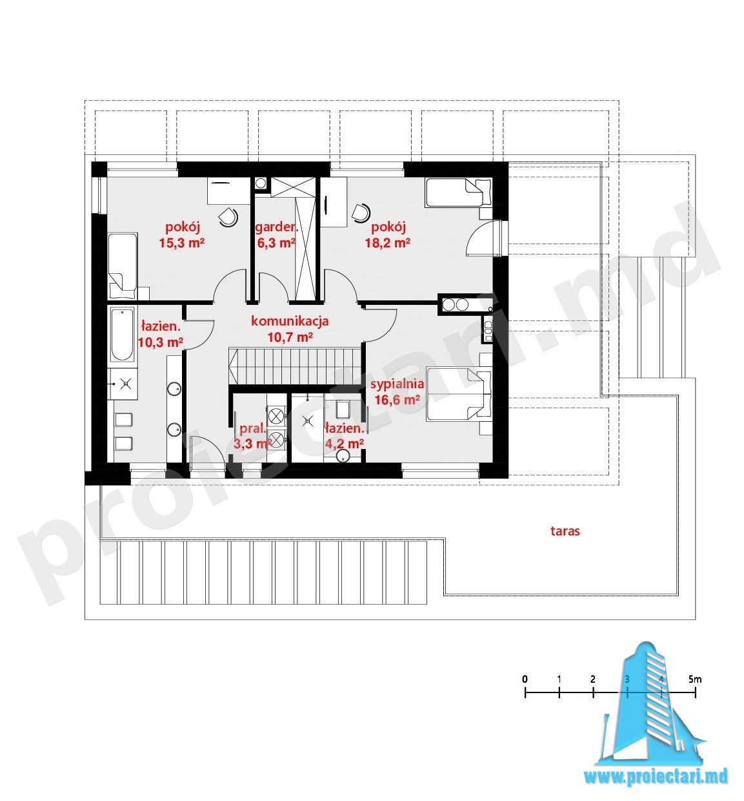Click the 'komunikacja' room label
290,322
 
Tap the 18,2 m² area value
387,243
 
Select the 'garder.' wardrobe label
276,227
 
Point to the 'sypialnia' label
397,384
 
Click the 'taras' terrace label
565,531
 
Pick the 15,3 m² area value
182,243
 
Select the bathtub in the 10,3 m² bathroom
122,335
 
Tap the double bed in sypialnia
459,393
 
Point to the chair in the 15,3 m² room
228,216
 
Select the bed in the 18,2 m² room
458,192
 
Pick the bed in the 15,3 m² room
123,265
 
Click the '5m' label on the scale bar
695,680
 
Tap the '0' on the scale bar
525,680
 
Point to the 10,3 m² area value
161,343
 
